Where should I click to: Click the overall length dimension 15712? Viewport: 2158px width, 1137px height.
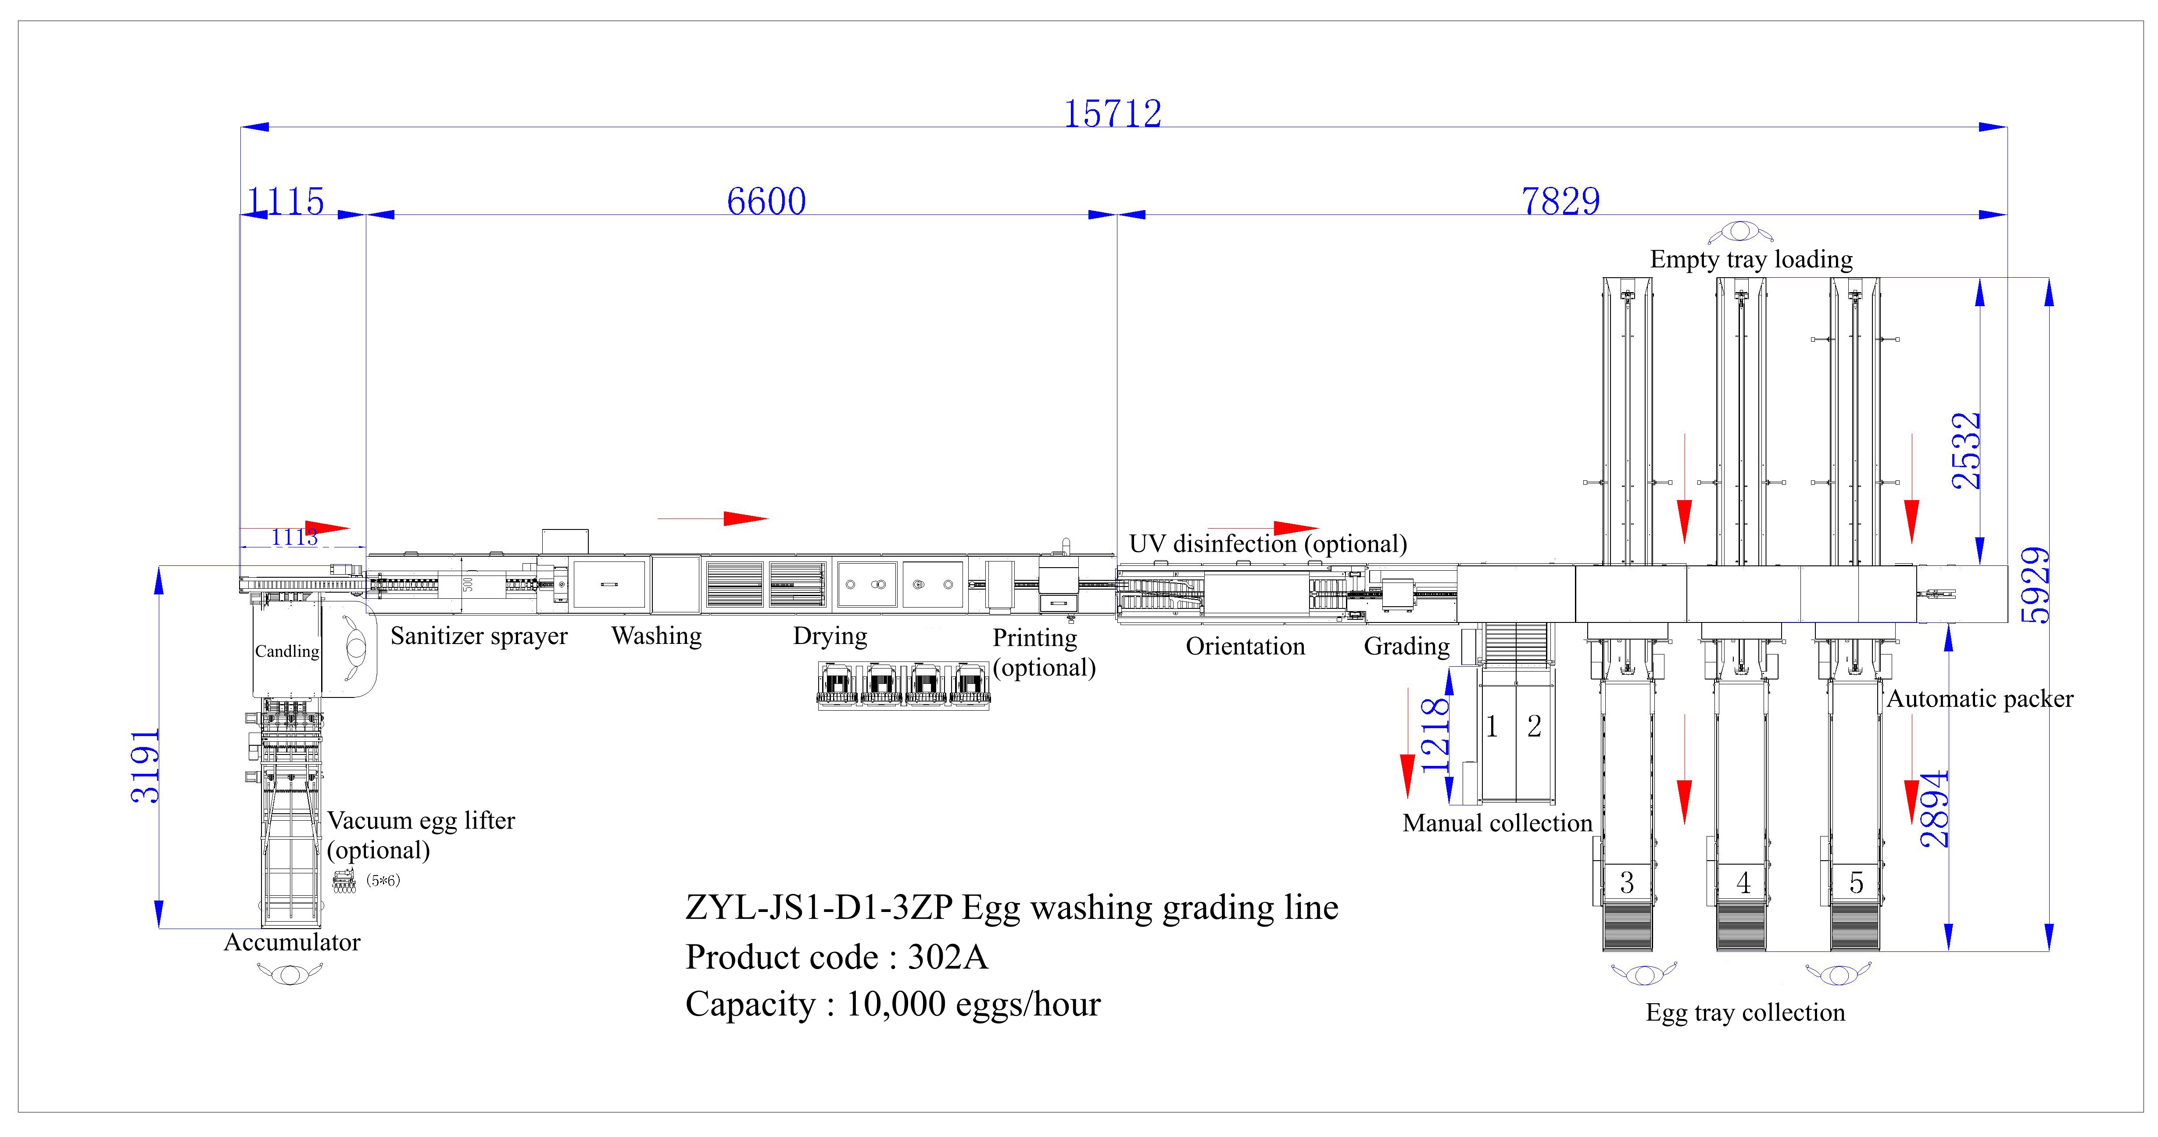pyautogui.click(x=1113, y=114)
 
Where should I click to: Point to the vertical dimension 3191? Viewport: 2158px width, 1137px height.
pyautogui.click(x=146, y=766)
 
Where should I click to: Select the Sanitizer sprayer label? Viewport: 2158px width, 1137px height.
pyautogui.click(x=479, y=636)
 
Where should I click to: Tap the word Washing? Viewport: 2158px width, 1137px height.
pyautogui.click(x=657, y=636)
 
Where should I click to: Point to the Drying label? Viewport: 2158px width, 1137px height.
pyautogui.click(x=830, y=636)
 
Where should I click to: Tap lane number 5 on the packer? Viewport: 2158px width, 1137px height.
pyautogui.click(x=1857, y=882)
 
